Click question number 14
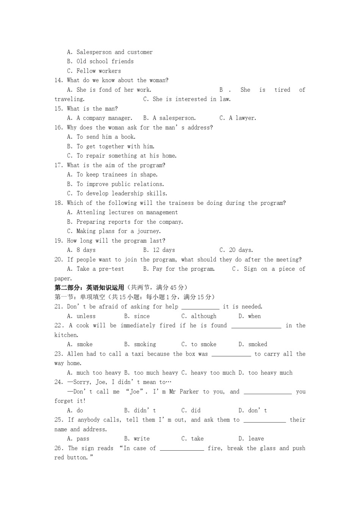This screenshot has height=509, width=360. pos(59,80)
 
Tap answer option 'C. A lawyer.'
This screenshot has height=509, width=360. pos(238,118)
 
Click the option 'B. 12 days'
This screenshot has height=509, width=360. pos(159,250)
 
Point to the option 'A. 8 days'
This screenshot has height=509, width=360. pos(81,250)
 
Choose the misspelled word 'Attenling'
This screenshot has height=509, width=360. pos(91,212)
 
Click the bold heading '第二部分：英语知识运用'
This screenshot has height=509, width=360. pos(89,287)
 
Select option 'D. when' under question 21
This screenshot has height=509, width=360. pos(249,316)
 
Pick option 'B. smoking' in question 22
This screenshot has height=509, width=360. pos(140,344)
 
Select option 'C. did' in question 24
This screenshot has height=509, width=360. pos(191,411)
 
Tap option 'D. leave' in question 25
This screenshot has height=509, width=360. pos(251,439)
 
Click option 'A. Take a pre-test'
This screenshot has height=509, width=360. pos(95,269)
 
